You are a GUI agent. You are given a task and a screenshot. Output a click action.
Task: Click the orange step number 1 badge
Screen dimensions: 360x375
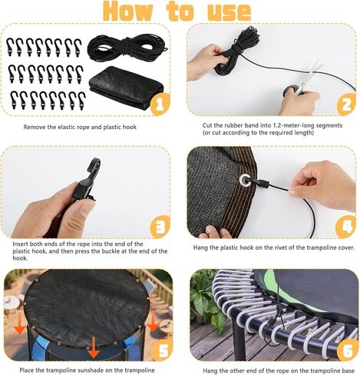click(x=160, y=104)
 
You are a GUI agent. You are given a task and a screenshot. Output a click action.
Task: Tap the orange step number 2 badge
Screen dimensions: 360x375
click(x=346, y=104)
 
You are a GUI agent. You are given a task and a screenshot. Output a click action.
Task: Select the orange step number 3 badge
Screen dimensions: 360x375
click(x=160, y=227)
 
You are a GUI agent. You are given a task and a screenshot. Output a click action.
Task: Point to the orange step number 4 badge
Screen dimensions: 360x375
click(x=346, y=227)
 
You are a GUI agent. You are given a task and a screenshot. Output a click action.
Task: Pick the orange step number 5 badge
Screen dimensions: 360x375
click(x=163, y=350)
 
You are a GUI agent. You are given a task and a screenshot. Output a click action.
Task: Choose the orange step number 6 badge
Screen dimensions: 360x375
click(x=348, y=350)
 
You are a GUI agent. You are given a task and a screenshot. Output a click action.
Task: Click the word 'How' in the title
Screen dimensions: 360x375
click(x=127, y=12)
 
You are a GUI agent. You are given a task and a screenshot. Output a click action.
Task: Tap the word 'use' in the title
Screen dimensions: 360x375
click(x=229, y=12)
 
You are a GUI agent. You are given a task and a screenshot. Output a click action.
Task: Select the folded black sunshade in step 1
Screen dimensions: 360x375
click(x=127, y=87)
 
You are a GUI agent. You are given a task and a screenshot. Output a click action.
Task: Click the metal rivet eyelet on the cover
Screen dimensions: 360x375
click(x=245, y=180)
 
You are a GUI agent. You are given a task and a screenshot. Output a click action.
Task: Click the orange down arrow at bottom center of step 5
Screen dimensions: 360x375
click(x=94, y=347)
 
